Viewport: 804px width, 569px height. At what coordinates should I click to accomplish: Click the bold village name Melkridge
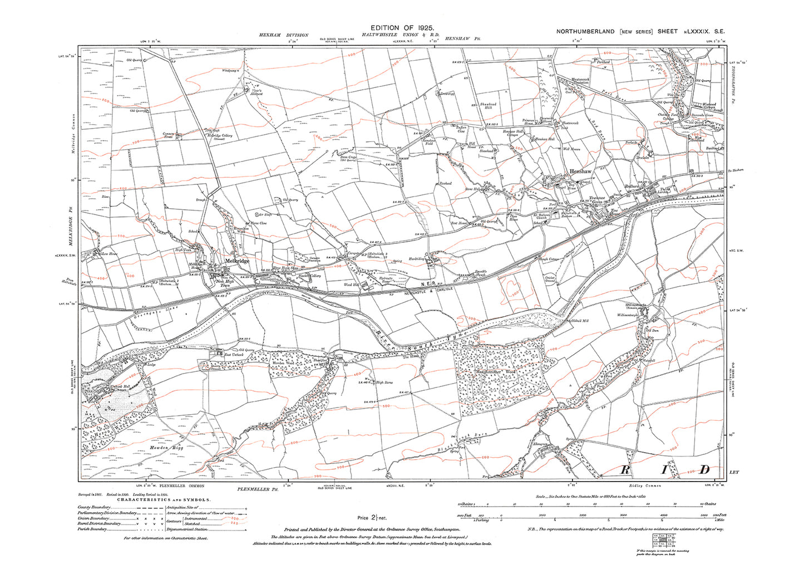coord(236,261)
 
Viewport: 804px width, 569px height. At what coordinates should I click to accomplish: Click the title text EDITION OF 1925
coord(402,27)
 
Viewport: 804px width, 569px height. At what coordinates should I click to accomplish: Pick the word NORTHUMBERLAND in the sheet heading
coord(585,32)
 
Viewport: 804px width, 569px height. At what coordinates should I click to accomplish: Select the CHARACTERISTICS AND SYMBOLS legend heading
coord(164,500)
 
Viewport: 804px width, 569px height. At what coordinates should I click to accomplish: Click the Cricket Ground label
coord(550,279)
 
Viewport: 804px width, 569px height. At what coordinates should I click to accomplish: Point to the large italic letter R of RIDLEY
coord(625,470)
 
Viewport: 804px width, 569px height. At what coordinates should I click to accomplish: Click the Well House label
coord(571,149)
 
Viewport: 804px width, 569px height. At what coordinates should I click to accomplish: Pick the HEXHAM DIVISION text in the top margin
coord(283,35)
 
